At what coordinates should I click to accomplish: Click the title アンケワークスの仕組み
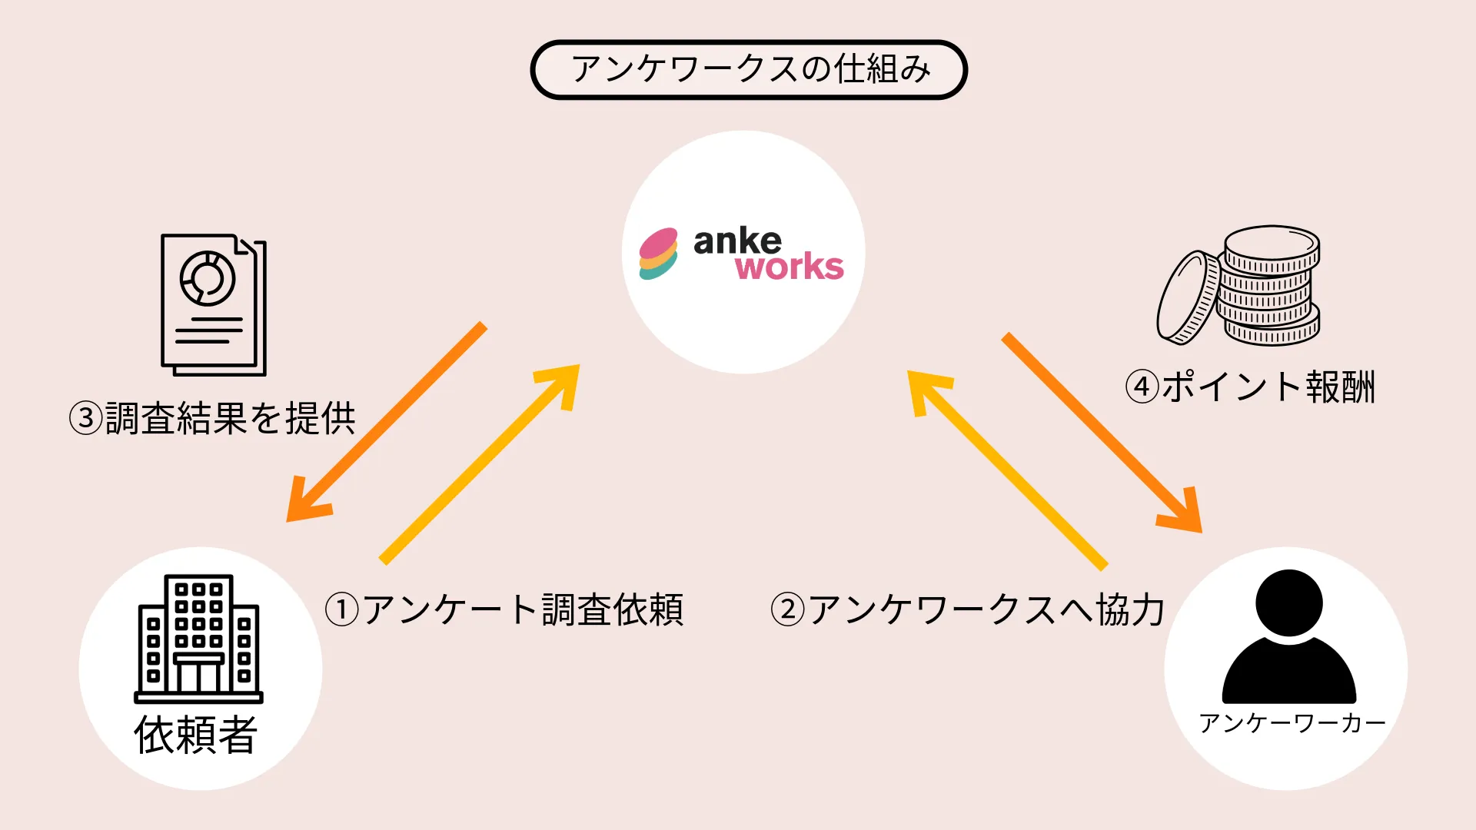[x=749, y=70]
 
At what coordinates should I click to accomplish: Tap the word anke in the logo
[x=736, y=241]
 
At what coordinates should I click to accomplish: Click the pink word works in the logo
[x=789, y=267]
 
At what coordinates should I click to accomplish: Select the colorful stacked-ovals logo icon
[x=659, y=254]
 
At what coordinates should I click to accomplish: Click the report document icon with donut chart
[x=213, y=304]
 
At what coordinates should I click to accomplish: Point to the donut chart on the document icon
[x=207, y=278]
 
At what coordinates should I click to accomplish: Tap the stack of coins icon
[x=1270, y=286]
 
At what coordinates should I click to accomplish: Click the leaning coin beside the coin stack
[x=1188, y=297]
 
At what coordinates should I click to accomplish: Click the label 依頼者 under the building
[x=196, y=735]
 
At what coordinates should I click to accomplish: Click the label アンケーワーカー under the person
[x=1291, y=723]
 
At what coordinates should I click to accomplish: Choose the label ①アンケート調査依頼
[x=504, y=610]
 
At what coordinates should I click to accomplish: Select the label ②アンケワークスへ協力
[x=967, y=610]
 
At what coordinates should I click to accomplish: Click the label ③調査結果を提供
[x=212, y=419]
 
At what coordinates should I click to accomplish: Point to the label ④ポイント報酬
[x=1250, y=387]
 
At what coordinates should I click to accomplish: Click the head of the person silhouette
[x=1289, y=603]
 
